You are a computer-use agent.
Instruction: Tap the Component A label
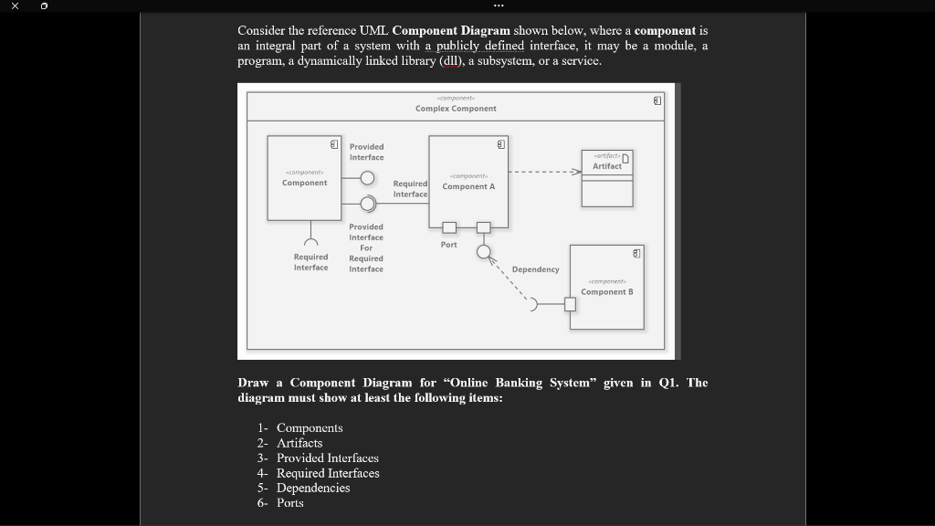point(468,186)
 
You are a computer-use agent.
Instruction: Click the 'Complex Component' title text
point(456,109)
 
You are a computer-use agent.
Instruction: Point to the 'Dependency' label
point(535,269)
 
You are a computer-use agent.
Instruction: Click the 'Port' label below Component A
point(448,245)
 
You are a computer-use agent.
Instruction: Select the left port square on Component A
point(449,227)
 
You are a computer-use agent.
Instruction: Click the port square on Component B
point(570,304)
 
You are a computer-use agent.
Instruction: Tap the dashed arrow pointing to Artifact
point(544,171)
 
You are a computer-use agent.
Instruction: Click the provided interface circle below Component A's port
point(483,251)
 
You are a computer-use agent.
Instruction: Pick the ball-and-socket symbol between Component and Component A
point(367,203)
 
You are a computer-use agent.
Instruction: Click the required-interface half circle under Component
point(311,243)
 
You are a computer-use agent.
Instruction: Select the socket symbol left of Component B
point(536,304)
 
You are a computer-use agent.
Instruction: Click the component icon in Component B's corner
point(636,252)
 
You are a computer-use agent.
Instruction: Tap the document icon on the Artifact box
point(625,157)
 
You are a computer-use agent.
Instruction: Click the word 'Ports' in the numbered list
point(290,503)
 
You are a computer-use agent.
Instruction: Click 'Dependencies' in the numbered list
point(313,488)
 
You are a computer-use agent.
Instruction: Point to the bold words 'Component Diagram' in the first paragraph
point(451,30)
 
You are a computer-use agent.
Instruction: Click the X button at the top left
point(16,6)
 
